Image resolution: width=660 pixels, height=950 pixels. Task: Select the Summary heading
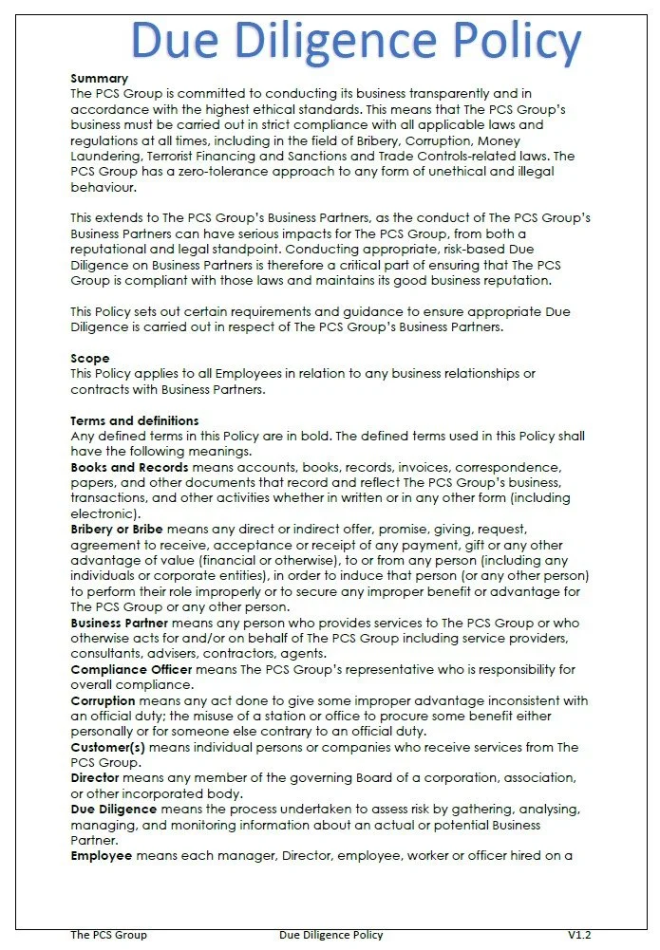tap(99, 79)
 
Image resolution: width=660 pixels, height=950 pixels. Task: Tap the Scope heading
tap(90, 359)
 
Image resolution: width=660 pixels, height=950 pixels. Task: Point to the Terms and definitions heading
tap(135, 420)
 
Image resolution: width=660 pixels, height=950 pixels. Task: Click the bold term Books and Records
tap(129, 467)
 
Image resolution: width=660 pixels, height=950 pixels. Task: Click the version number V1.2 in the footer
tap(579, 935)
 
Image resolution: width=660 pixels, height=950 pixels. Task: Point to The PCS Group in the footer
tap(108, 935)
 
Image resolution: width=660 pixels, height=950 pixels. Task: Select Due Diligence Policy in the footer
tap(331, 935)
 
